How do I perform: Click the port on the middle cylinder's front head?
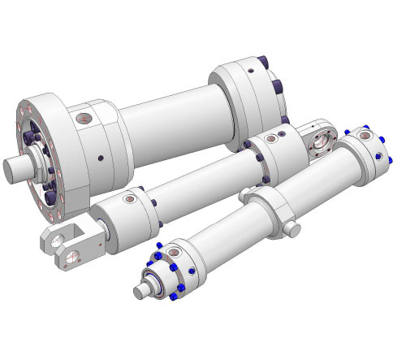[128, 197]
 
